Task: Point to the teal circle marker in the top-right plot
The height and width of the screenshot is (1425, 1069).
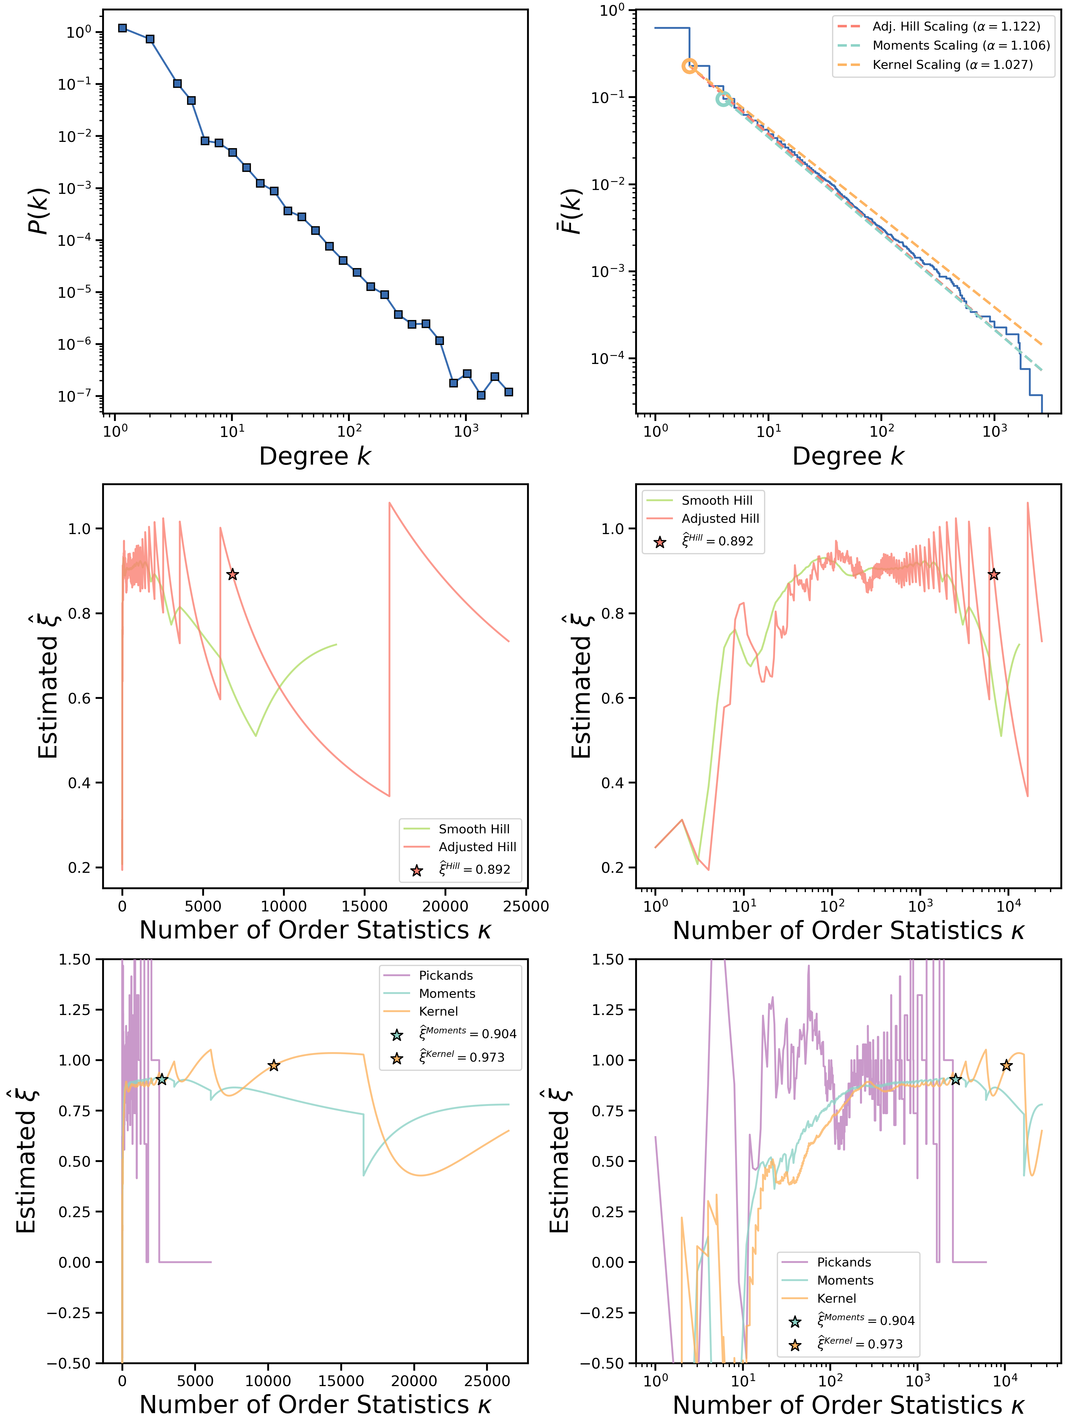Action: [724, 99]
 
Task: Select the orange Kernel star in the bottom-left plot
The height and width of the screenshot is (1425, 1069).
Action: [274, 1065]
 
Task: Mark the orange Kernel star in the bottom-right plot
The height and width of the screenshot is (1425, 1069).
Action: [1006, 1065]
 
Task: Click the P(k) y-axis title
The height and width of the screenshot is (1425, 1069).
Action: [39, 211]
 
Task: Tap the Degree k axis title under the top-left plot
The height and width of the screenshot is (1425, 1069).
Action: [315, 456]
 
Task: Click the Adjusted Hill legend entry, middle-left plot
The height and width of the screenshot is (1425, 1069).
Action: [477, 846]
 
